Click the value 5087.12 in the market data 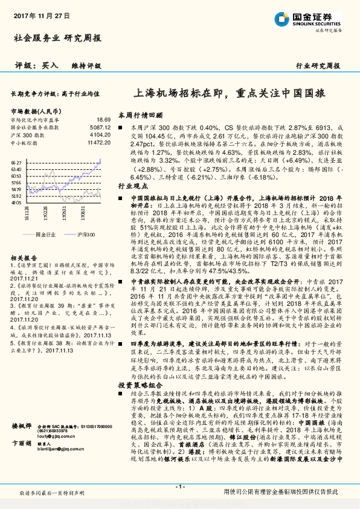click(100, 128)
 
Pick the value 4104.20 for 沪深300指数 click(100, 135)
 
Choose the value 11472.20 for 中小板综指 click(98, 142)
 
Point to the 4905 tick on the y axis click(16, 204)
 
